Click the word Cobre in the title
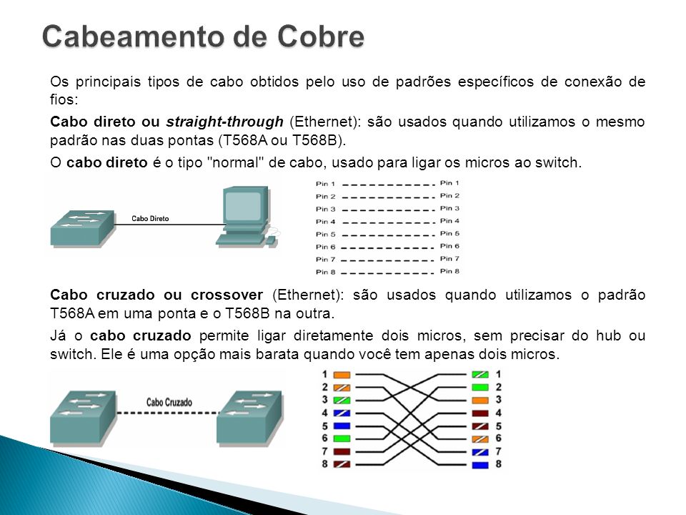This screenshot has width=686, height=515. [320, 36]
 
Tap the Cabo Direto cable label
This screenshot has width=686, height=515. [150, 219]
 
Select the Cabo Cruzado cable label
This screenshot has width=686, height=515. [169, 402]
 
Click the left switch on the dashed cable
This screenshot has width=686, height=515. [83, 417]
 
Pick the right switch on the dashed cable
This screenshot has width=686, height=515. [249, 417]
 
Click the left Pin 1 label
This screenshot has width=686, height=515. [326, 184]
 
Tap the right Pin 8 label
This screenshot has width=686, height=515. [449, 271]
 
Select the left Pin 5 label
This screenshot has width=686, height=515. [326, 235]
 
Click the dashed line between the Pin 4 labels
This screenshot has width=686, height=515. [388, 222]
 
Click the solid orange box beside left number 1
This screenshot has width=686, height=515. [342, 375]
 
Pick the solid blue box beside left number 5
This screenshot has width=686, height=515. [342, 426]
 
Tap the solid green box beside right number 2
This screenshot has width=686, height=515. [480, 387]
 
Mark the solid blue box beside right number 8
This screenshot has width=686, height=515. [480, 465]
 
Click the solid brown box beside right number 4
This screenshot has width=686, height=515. [480, 413]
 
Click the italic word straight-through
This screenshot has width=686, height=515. [224, 122]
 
